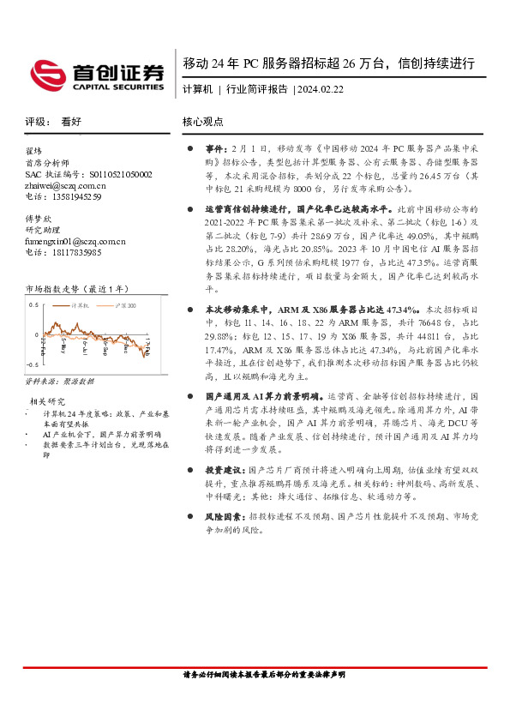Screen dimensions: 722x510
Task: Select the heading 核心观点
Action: click(x=203, y=122)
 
